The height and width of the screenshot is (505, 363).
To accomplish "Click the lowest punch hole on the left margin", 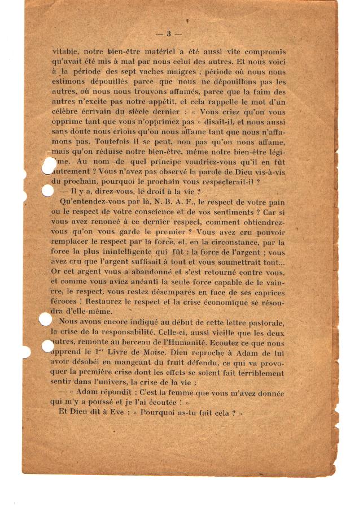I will point(49,345).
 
